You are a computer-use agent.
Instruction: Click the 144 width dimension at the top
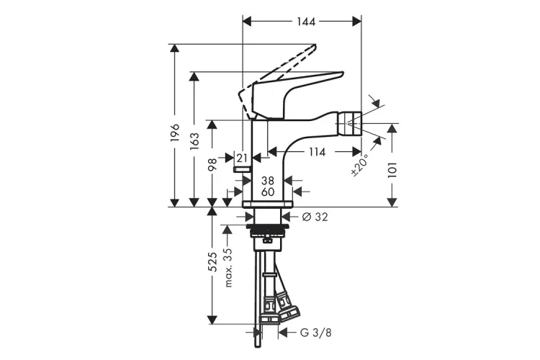(306, 22)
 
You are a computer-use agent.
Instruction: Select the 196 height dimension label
(175, 132)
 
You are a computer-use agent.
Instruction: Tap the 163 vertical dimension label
(194, 140)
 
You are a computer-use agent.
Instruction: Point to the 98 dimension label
(212, 165)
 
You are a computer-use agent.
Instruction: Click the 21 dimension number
(242, 158)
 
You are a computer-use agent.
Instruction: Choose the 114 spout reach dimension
(317, 152)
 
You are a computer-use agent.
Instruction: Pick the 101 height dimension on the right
(392, 170)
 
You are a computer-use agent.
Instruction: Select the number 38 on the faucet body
(268, 181)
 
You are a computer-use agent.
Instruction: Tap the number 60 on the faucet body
(268, 192)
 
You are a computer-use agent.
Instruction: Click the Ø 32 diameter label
(315, 217)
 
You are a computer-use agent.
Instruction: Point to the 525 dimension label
(213, 262)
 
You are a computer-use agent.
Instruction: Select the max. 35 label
(228, 268)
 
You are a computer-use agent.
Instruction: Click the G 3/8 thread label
(316, 333)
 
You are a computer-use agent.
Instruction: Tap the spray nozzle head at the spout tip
(348, 123)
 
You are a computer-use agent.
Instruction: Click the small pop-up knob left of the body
(243, 168)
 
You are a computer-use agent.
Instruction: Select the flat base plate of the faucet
(267, 204)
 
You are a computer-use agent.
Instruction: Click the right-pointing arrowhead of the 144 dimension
(357, 22)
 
